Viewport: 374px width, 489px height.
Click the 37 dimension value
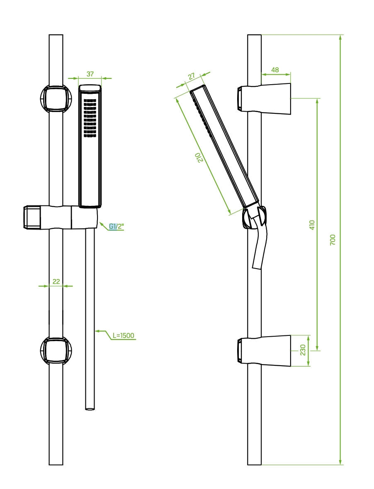(x=90, y=74)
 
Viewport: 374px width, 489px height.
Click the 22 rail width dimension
(x=56, y=281)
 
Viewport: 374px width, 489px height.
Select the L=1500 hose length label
(x=124, y=335)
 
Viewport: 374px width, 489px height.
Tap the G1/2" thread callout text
(x=117, y=226)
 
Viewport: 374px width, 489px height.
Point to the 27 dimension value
(x=191, y=76)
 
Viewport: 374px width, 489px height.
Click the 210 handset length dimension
(x=201, y=158)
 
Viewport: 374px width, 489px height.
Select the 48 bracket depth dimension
(x=275, y=70)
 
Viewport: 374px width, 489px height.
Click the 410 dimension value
(x=312, y=225)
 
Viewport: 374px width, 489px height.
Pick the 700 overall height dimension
(x=333, y=240)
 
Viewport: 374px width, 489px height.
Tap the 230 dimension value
(x=303, y=350)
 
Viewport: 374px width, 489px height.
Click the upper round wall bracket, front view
(x=56, y=98)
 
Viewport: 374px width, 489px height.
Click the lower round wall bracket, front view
(x=56, y=350)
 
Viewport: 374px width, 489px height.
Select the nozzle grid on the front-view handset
(x=90, y=117)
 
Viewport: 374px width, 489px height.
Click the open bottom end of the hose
(x=90, y=408)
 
